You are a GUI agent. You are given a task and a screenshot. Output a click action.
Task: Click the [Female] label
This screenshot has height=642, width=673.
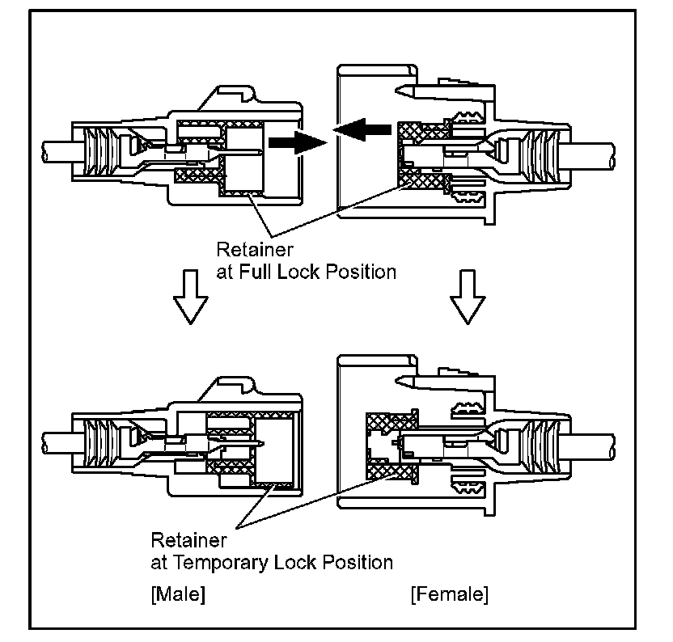click(x=450, y=596)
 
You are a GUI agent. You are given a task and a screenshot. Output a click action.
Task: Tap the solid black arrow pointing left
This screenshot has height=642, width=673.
click(x=359, y=128)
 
